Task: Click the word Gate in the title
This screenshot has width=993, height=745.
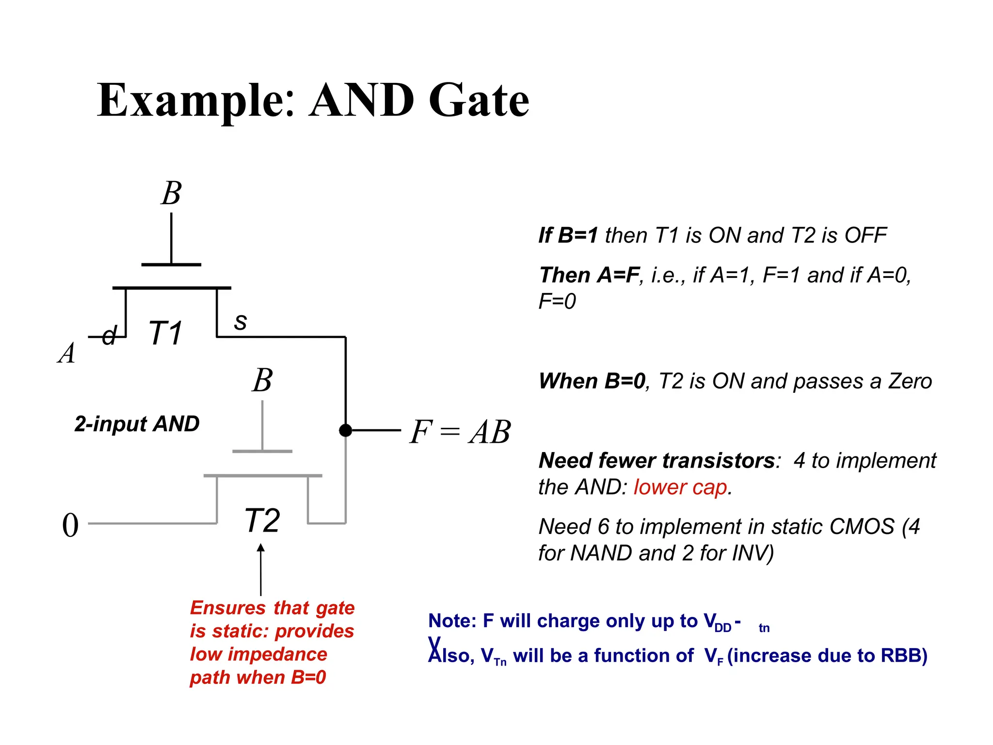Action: tap(479, 100)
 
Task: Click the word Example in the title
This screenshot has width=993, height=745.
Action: tap(196, 100)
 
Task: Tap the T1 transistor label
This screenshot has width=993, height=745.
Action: tap(165, 333)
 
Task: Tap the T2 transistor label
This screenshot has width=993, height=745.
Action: tap(262, 520)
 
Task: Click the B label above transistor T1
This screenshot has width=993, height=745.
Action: tap(171, 193)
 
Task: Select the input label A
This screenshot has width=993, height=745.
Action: tap(67, 353)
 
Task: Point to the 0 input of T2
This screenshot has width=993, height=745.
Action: tap(70, 525)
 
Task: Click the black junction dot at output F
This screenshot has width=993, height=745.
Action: tap(345, 430)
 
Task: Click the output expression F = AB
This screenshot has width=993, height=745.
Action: tap(460, 432)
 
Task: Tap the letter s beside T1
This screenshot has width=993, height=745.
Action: tap(240, 322)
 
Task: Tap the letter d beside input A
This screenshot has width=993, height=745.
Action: tap(110, 335)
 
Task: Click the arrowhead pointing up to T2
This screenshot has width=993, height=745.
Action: tap(261, 548)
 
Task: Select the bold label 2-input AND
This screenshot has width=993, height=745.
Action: tap(137, 424)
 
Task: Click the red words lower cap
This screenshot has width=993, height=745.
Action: tap(680, 487)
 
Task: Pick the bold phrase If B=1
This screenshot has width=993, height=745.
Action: tap(568, 235)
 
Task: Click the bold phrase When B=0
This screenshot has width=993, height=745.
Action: tap(592, 381)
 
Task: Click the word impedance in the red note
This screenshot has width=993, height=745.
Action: tap(278, 654)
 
